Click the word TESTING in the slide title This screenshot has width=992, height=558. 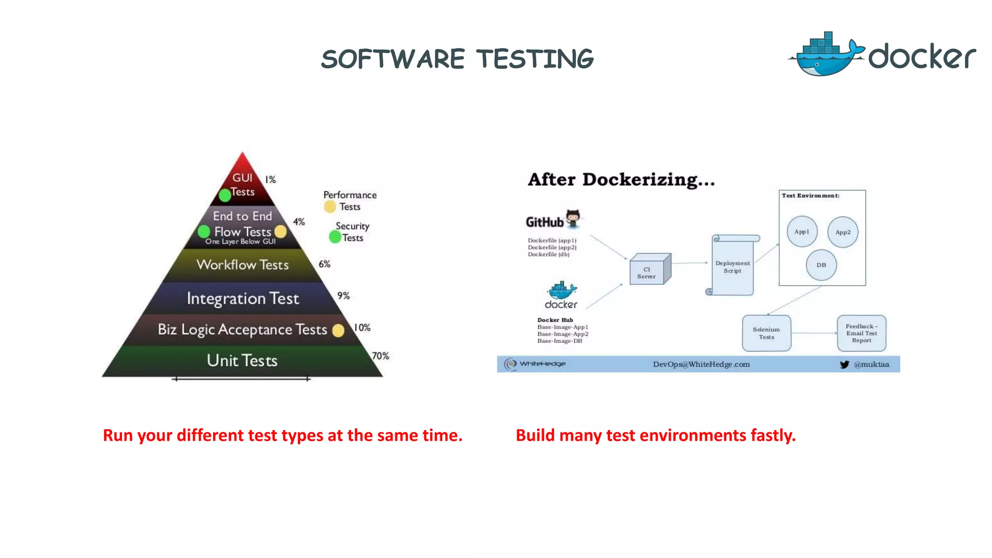pos(535,59)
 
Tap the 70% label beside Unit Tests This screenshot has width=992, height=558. pos(380,356)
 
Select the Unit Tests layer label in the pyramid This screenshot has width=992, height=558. pos(242,360)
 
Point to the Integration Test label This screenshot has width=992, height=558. pos(243,298)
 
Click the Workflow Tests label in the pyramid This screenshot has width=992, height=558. pos(242,264)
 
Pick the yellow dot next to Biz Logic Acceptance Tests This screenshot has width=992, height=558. pos(338,330)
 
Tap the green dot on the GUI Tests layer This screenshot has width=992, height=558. pos(225,195)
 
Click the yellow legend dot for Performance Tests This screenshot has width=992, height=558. pos(330,207)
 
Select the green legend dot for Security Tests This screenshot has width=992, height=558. pos(335,237)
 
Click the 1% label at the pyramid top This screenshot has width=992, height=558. pos(270,180)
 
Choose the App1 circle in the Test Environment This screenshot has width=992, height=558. pos(802,232)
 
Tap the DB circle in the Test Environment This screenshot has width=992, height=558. pos(821,265)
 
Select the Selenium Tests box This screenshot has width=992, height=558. pos(766,333)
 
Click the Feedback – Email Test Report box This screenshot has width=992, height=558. pos(861,333)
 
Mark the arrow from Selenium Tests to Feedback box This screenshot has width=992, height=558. pos(814,333)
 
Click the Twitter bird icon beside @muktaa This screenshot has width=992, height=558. pos(844,364)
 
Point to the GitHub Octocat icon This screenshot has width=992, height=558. pos(573,218)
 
